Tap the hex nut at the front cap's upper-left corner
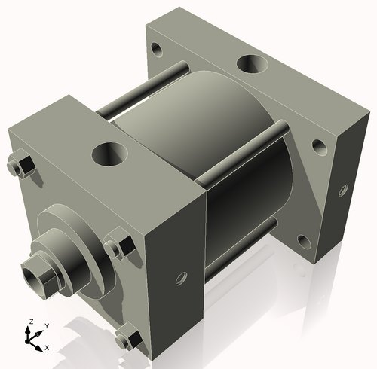[20, 165]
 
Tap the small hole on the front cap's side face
[180, 279]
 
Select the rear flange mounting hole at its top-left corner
[157, 50]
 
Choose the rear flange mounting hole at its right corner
[320, 145]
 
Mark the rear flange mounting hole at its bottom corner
[303, 242]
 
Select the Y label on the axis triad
[46, 326]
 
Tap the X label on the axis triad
[48, 347]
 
